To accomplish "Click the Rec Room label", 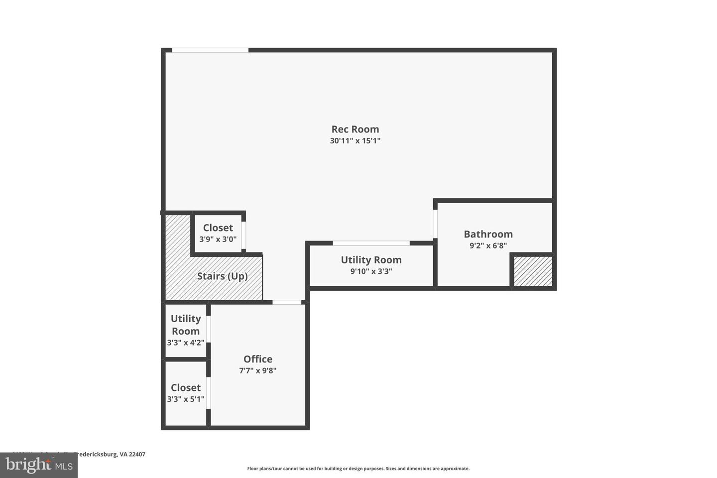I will pos(355,129).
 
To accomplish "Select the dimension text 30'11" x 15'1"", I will pos(355,141).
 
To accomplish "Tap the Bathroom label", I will pos(488,234).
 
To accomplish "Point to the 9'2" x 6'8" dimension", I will pos(488,245).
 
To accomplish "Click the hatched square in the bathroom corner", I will pos(533,271).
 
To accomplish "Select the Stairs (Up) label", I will pos(222,276).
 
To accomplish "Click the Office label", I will pos(257,359).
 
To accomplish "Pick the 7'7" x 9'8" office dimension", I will pos(257,370).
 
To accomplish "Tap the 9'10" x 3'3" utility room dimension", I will pos(371,271).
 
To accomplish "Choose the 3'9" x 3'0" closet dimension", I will pos(218,239).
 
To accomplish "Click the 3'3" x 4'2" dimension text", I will pos(185,343).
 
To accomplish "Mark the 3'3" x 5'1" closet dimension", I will pos(185,399).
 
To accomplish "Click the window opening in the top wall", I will pos(210,50).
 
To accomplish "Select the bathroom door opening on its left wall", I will pos(435,224).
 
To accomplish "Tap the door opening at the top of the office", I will pos(287,302).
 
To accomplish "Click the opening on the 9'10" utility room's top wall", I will pos(371,243).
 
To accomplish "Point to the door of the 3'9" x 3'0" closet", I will pos(243,232).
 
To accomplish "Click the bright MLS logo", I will pos(38,465).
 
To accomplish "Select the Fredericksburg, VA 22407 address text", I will pos(107,454).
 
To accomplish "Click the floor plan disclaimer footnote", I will pos(358,469).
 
